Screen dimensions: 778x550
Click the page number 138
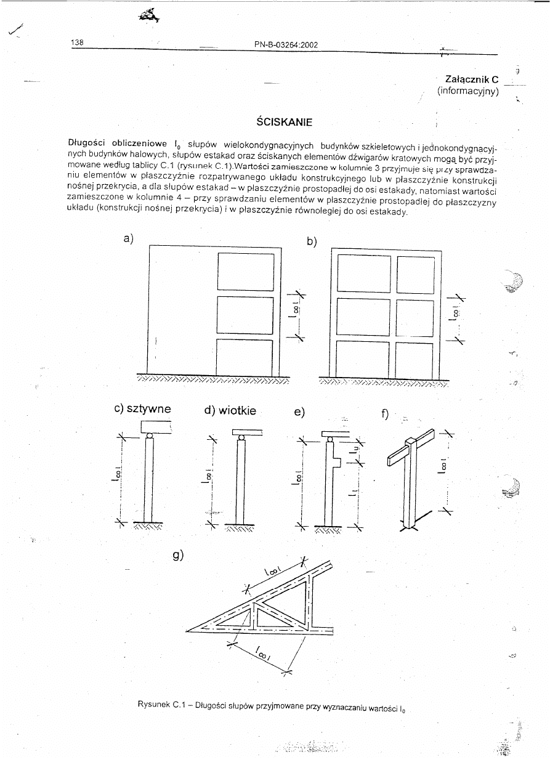(x=77, y=43)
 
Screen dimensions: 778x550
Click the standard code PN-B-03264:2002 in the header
(x=286, y=44)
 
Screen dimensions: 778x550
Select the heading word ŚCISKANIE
(x=284, y=122)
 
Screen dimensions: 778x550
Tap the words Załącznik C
(x=471, y=79)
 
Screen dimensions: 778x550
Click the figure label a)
(x=129, y=238)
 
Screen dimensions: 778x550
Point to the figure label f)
(x=385, y=414)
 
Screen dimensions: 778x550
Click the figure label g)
(x=178, y=556)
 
